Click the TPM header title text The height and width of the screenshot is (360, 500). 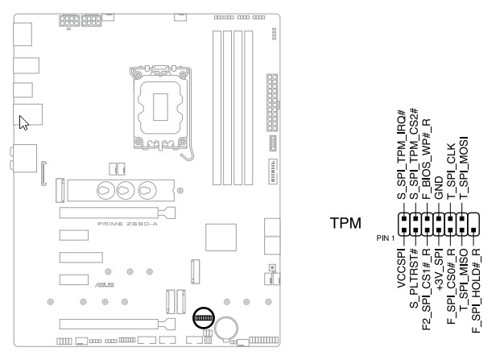(346, 222)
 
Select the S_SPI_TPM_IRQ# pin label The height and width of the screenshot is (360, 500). (401, 157)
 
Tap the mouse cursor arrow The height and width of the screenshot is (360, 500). (24, 122)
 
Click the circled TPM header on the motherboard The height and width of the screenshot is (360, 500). (204, 318)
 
